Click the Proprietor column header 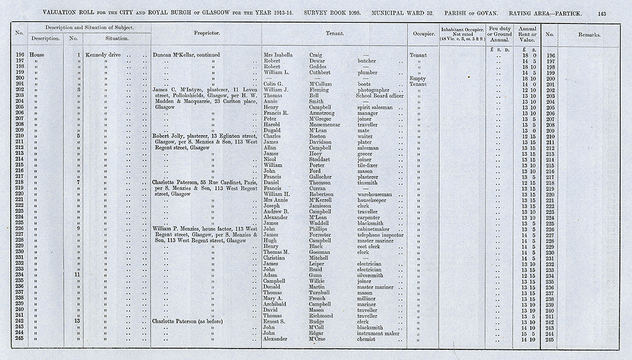pyautogui.click(x=206, y=33)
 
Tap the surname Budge pyautogui.click(x=317, y=321)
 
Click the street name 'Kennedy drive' pyautogui.click(x=103, y=55)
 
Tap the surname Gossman pyautogui.click(x=320, y=252)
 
